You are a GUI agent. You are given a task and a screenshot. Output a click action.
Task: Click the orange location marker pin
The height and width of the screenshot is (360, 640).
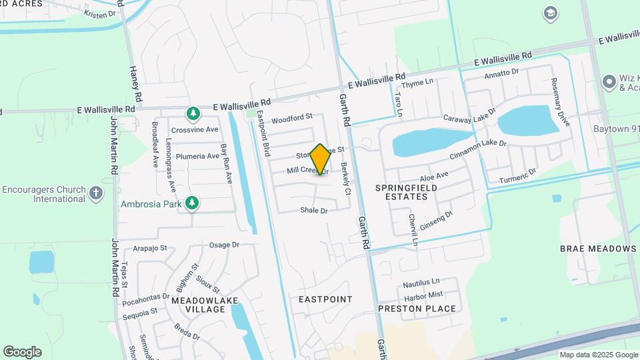click(320, 159)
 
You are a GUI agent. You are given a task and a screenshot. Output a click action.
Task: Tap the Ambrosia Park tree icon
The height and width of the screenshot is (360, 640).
click(193, 203)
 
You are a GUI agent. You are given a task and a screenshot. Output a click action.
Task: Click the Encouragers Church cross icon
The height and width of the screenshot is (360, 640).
click(97, 194)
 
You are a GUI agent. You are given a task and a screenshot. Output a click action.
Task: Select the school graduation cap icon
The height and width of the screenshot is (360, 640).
click(551, 13)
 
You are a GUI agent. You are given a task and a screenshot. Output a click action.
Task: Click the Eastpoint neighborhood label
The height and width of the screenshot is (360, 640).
click(325, 299)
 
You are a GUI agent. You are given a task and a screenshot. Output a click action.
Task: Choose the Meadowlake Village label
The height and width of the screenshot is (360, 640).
click(198, 305)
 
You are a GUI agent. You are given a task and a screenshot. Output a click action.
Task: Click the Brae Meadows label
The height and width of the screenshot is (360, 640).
click(598, 249)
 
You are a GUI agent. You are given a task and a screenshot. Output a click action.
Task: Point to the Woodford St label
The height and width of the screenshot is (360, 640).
click(292, 118)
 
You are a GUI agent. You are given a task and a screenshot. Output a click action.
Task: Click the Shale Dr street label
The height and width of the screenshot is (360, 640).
click(314, 211)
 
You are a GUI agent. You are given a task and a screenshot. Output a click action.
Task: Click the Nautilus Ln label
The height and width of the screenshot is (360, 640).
click(421, 282)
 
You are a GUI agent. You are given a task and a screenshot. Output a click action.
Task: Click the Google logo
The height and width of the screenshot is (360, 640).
click(22, 351)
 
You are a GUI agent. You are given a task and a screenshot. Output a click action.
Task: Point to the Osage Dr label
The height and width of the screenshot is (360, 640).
click(224, 245)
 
